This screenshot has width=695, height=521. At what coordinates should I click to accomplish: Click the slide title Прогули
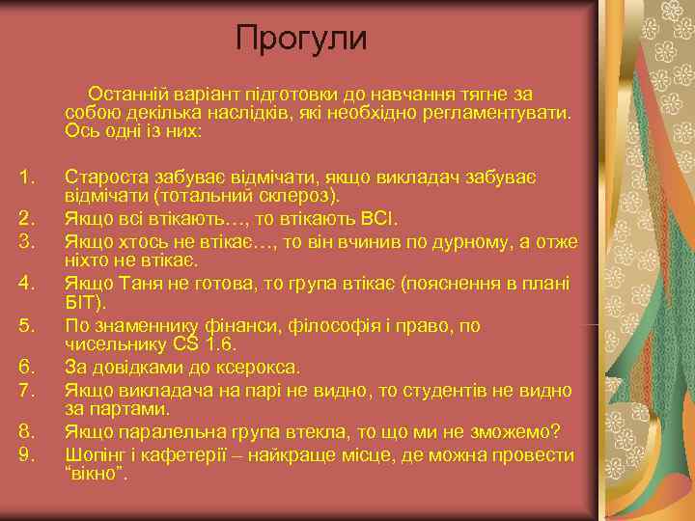(x=302, y=39)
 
